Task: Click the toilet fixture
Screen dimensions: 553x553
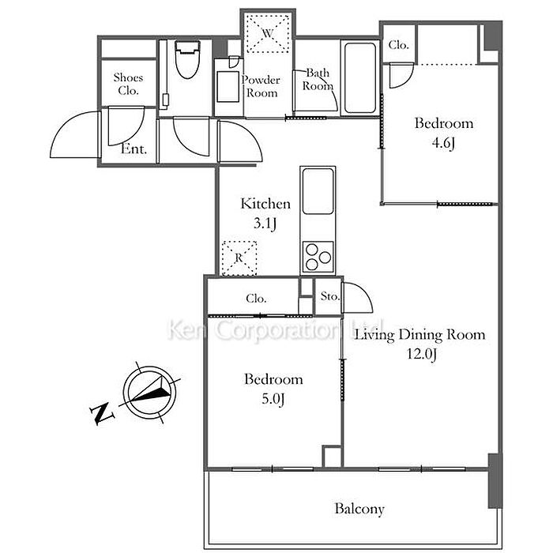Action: point(188,59)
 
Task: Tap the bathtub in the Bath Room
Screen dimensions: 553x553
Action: point(359,78)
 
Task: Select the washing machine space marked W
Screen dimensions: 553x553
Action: point(268,33)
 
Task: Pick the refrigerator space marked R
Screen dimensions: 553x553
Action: point(239,258)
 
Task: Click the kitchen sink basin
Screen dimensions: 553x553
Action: point(318,191)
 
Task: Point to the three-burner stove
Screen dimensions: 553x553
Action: point(318,257)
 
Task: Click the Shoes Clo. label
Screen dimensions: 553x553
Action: point(128,84)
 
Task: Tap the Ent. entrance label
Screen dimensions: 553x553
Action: point(134,149)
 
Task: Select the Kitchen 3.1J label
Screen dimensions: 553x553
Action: point(265,213)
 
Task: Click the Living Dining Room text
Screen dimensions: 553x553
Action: point(419,334)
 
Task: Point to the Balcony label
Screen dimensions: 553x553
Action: point(359,509)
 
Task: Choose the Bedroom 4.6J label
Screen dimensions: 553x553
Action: point(444,133)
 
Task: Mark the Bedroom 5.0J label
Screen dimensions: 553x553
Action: point(273,389)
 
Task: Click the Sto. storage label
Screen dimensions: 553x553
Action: point(330,296)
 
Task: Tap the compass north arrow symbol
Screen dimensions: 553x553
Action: point(150,393)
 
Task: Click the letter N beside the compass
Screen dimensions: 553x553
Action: point(102,414)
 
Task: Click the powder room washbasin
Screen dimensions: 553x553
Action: point(228,86)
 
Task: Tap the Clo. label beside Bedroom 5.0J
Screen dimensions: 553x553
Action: point(256,299)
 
